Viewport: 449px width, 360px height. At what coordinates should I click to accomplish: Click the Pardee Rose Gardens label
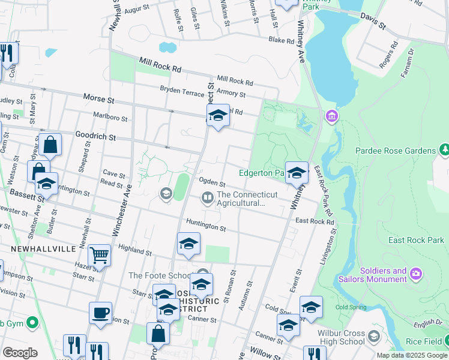click(395, 151)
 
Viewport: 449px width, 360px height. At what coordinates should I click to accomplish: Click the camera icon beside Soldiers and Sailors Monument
click(416, 274)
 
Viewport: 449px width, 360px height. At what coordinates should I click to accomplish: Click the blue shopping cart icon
click(99, 255)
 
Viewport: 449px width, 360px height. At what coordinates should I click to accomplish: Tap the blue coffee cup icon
click(100, 313)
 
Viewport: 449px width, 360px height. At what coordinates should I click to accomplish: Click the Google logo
click(20, 353)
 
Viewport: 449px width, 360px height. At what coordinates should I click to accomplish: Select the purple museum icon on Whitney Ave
click(330, 115)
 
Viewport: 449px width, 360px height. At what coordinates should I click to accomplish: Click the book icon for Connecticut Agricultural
click(207, 197)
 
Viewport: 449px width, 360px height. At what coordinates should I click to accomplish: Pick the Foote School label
click(160, 275)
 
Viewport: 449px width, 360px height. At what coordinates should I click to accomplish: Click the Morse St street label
click(98, 97)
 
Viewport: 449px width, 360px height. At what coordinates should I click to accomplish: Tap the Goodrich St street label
click(95, 137)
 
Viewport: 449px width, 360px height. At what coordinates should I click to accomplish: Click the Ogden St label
click(212, 182)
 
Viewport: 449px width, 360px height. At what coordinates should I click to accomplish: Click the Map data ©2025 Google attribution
click(412, 355)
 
